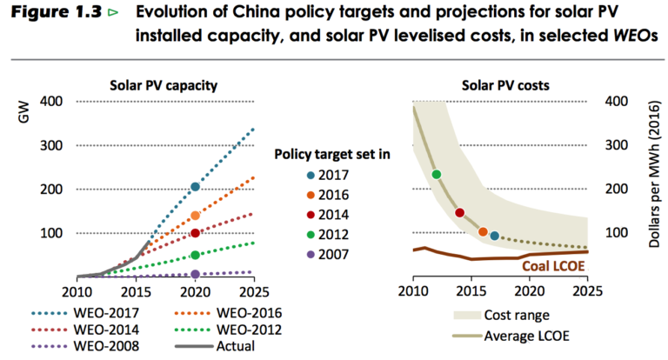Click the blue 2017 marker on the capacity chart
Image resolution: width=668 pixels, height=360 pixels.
click(195, 187)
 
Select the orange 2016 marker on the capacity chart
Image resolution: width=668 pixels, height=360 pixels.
click(195, 216)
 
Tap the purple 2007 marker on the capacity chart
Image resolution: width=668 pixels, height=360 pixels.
click(195, 275)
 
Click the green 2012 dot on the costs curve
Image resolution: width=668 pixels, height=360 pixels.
click(436, 175)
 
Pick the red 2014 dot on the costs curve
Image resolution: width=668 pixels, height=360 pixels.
click(459, 213)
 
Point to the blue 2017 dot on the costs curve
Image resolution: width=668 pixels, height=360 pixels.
click(494, 236)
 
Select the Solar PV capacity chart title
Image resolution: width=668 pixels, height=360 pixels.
click(163, 85)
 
